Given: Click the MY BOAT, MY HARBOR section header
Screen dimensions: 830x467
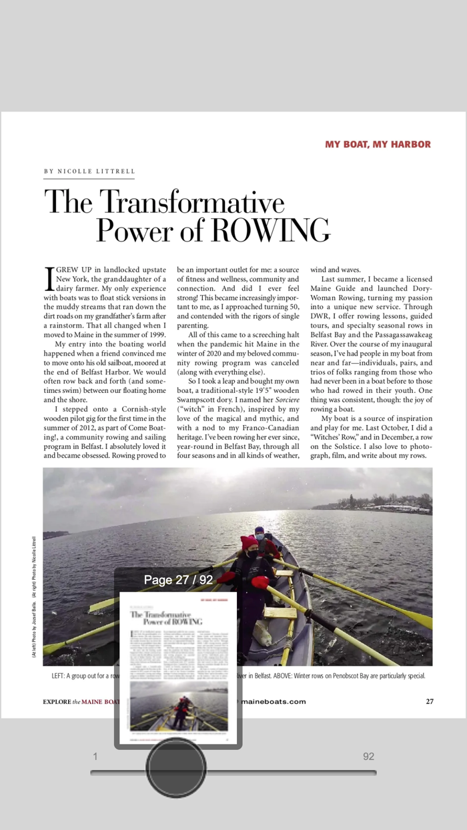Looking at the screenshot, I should (x=378, y=144).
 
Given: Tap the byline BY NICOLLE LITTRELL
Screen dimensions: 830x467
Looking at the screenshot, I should (x=89, y=171).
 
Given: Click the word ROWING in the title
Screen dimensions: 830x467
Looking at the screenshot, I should (x=270, y=230).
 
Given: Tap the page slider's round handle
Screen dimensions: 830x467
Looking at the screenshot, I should (x=176, y=767).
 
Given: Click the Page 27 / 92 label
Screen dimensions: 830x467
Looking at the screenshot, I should (x=178, y=580).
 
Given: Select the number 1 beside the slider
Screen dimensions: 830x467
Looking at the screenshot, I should (x=95, y=756).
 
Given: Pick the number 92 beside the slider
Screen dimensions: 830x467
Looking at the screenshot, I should (x=368, y=756).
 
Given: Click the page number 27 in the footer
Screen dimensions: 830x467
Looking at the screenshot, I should (x=430, y=701).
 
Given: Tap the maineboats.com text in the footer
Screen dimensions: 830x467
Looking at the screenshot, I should (x=274, y=701).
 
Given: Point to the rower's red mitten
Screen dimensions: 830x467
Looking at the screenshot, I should (x=260, y=582).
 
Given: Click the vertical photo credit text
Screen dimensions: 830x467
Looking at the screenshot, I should (x=34, y=597).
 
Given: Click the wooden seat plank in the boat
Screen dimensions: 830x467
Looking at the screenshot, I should (x=280, y=612).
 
